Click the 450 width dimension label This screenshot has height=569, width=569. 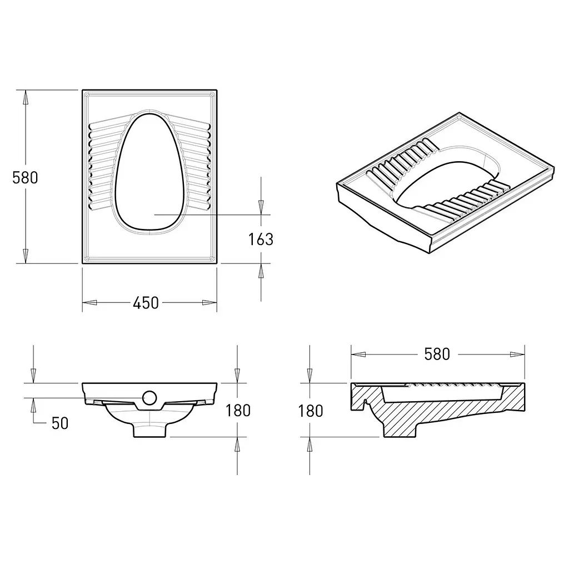click(146, 303)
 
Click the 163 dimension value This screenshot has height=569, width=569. click(261, 239)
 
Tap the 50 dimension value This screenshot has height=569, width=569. click(60, 423)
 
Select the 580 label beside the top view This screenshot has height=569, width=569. click(25, 177)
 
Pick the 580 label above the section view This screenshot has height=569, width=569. click(437, 354)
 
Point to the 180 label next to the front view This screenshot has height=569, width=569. click(238, 411)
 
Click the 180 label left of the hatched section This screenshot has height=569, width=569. click(310, 411)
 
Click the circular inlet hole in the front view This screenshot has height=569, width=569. click(149, 398)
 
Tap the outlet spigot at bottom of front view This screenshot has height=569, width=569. click(149, 430)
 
